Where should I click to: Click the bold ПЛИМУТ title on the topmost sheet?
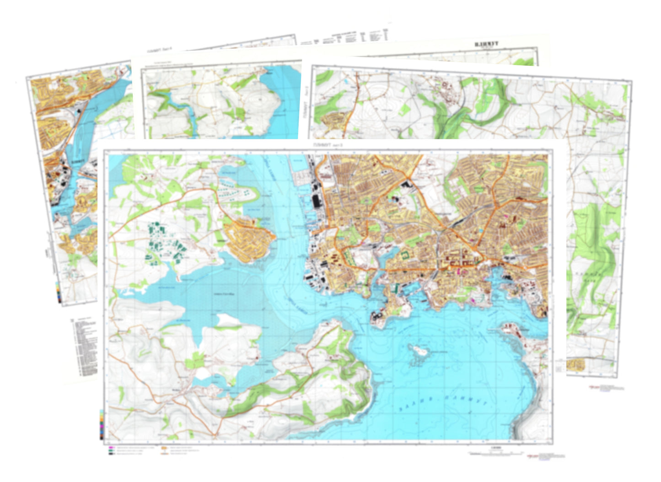click(486, 44)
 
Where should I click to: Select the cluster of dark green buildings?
click(165, 242)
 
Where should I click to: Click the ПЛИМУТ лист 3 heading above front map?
click(328, 145)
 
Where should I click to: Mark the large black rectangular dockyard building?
click(316, 201)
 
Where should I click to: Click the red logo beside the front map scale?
click(532, 456)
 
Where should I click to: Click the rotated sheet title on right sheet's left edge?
click(305, 105)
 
